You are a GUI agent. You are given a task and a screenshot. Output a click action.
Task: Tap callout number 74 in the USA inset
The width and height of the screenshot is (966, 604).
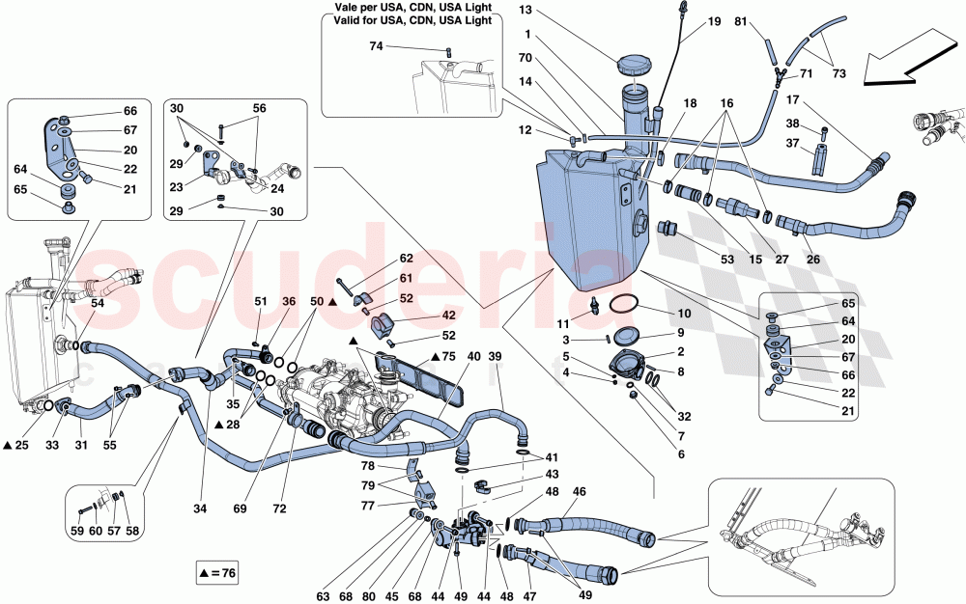click(377, 46)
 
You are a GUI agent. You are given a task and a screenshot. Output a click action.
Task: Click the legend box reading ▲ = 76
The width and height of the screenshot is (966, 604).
click(213, 572)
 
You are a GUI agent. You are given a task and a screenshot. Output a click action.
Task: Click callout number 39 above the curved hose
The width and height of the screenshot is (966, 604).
click(496, 358)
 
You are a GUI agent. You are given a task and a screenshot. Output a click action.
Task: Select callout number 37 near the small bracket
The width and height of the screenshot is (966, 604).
click(791, 143)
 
